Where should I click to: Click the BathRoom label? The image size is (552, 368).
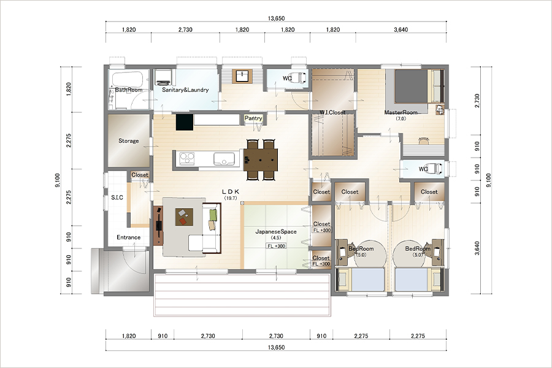tap(129, 90)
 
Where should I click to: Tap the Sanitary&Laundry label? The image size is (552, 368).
tap(185, 90)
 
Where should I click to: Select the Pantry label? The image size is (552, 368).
tap(253, 118)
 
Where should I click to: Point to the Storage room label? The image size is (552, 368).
tap(129, 141)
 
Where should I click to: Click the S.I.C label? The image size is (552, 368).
tap(117, 197)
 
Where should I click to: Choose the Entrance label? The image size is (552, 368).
tap(129, 237)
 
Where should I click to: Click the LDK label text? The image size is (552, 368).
tap(231, 192)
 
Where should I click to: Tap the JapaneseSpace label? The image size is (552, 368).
tap(276, 232)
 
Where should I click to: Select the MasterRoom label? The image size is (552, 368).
tap(401, 112)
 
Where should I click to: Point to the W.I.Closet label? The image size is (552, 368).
tap(332, 112)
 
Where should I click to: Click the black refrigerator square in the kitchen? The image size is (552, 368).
tap(185, 122)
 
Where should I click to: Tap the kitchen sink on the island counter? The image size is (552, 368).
tap(224, 159)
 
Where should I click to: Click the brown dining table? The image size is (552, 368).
tap(261, 160)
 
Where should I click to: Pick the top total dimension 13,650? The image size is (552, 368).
tap(276, 18)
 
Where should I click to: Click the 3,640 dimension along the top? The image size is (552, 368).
tap(401, 29)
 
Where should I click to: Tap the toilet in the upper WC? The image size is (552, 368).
tap(301, 78)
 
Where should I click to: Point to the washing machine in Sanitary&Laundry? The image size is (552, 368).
tap(163, 77)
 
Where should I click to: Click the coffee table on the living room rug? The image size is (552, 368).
tap(185, 217)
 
